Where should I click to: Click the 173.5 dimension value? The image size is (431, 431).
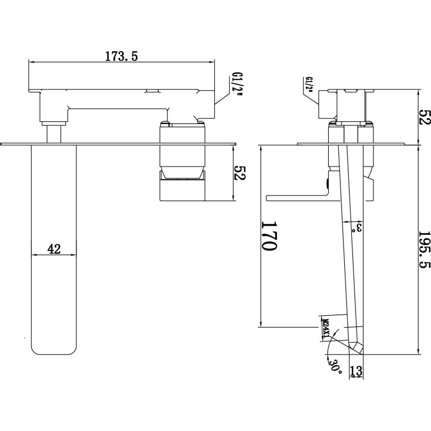pos(121,56)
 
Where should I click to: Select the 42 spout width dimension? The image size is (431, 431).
pos(54,249)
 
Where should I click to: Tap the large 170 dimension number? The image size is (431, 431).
pos(269,236)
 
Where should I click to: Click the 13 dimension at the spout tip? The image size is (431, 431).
pos(356,371)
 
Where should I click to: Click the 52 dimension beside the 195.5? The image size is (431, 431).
pos(424,117)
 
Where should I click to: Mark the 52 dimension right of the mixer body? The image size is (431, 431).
pos(239,172)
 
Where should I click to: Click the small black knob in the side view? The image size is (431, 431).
pos(328,183)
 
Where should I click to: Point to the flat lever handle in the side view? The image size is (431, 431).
pos(297,198)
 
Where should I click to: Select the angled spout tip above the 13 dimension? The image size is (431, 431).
pos(356,347)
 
